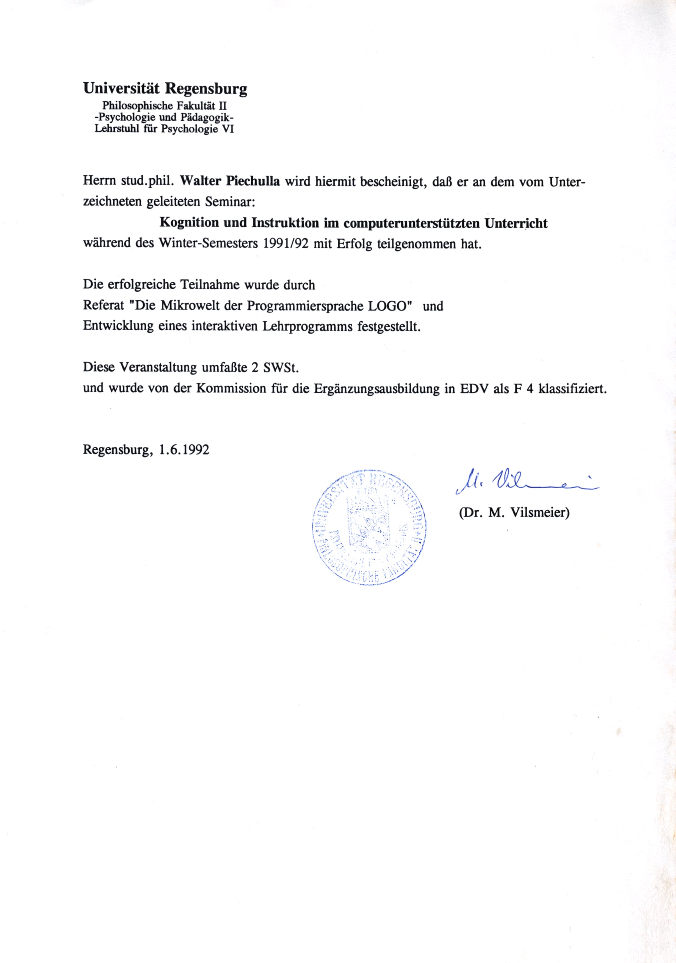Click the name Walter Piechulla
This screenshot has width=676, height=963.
[x=230, y=181]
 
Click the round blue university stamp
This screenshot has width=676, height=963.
[x=369, y=527]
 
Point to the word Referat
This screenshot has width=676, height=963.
[x=104, y=305]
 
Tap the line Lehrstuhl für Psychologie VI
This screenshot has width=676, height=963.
[x=164, y=129]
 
